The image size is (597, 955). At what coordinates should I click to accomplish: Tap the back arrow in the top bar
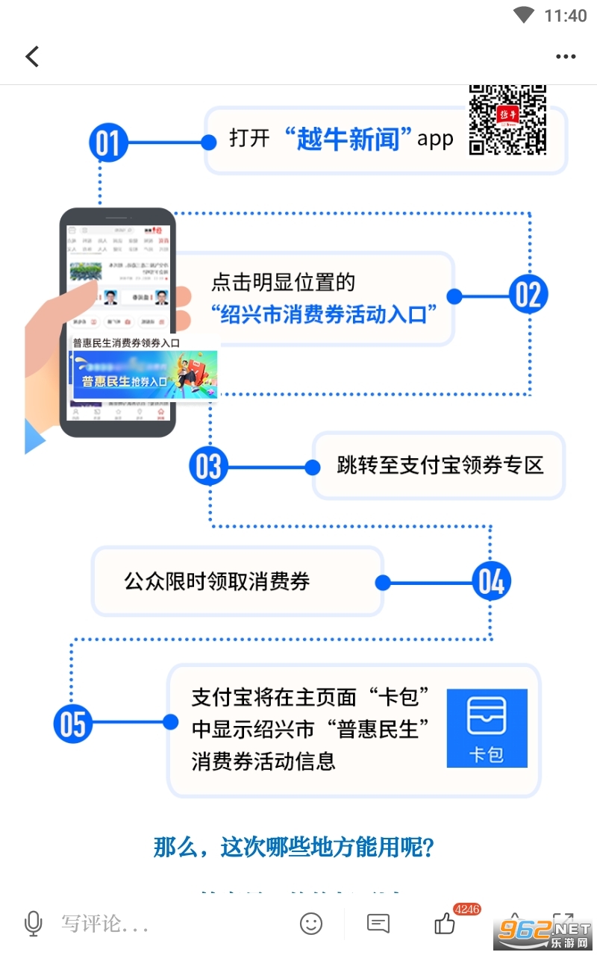click(32, 57)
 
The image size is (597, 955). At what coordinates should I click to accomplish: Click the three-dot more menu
click(566, 57)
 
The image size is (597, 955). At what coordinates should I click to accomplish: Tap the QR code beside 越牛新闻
click(507, 119)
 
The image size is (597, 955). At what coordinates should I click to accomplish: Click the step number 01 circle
click(108, 143)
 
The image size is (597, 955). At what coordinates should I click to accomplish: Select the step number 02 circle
click(528, 295)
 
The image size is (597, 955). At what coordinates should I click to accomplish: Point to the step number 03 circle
click(208, 466)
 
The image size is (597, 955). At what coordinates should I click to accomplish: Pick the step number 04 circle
click(491, 582)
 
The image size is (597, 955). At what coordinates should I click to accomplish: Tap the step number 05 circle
click(73, 723)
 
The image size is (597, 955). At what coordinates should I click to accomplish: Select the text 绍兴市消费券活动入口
click(323, 314)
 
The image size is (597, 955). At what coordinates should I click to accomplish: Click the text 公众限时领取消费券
click(217, 582)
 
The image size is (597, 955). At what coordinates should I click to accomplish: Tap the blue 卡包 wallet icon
click(487, 728)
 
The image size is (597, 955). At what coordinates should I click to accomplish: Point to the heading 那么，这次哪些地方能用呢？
click(294, 848)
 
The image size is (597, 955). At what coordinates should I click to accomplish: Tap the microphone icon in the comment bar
click(33, 924)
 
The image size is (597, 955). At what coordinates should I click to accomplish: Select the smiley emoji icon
click(311, 924)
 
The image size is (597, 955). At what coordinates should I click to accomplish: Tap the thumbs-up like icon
click(445, 924)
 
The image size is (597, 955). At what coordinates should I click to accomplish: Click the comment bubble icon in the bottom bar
click(378, 924)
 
